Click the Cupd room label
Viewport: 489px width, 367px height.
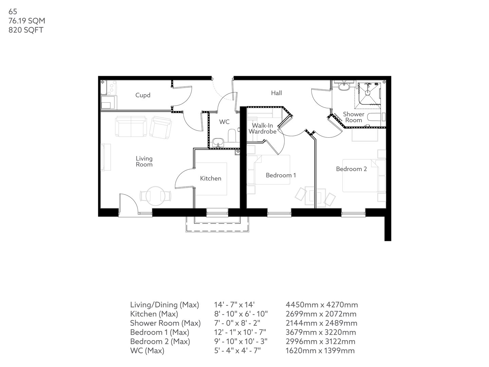[x=143, y=95]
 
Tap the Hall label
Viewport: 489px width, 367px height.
[x=276, y=93]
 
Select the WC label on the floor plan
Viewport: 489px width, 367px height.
[x=224, y=122]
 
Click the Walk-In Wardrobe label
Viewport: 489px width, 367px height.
[x=262, y=128]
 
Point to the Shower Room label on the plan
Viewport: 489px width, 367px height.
[x=354, y=117]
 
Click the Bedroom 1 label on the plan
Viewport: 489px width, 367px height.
[x=281, y=175]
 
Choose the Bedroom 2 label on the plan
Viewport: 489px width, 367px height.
[x=351, y=169]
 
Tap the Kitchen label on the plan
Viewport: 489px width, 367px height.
[x=211, y=178]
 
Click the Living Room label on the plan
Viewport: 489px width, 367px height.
[x=144, y=161]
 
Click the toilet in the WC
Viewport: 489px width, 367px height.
[x=232, y=135]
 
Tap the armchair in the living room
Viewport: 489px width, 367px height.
[x=161, y=127]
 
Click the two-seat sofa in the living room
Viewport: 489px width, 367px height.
[x=131, y=126]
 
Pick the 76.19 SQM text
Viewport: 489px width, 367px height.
[x=27, y=21]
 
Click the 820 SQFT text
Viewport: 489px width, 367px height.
[x=26, y=30]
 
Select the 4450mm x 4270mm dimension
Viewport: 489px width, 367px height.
[x=322, y=305]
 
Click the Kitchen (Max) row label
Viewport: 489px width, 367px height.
[x=154, y=314]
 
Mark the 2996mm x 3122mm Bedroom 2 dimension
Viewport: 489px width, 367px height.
[x=321, y=342]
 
